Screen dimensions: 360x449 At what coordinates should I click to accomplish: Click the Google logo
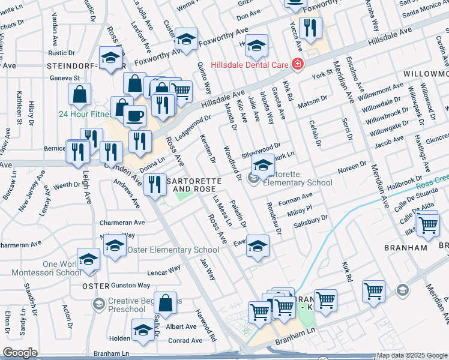coord(20,353)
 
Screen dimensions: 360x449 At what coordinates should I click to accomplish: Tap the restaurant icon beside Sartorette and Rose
coord(155,183)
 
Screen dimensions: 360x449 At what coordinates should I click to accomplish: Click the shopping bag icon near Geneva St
coord(79,94)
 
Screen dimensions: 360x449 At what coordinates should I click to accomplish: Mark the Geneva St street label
coord(65,78)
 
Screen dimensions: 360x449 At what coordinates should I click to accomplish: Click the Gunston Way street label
coord(130,285)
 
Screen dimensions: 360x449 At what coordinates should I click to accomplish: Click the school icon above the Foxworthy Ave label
coord(186,39)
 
